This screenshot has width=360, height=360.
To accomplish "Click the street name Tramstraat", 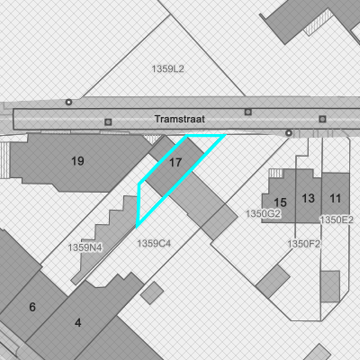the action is click(180, 119).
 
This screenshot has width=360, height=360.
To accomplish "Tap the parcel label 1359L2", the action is click(167, 69).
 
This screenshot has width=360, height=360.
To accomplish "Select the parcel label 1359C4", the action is click(154, 243).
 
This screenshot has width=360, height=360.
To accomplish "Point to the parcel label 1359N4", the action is click(85, 247).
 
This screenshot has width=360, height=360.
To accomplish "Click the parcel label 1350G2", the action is click(263, 213).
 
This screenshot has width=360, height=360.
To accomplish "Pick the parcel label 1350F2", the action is click(303, 244).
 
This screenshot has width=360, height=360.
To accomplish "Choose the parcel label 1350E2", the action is click(337, 220).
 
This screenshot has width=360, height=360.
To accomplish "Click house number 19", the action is click(77, 161).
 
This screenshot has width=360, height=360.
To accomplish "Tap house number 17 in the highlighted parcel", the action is click(175, 163).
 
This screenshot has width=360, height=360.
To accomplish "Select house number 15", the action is click(281, 202).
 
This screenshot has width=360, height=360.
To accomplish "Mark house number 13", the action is click(308, 198).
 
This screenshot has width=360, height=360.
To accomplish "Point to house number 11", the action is click(335, 198).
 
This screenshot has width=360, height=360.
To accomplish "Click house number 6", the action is click(32, 307).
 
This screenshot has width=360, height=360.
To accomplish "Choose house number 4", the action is click(78, 323).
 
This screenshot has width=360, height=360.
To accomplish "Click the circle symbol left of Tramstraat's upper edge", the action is click(68, 103).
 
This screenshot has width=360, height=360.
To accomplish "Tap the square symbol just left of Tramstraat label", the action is click(108, 122).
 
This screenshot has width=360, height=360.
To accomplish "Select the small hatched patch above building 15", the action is click(275, 173).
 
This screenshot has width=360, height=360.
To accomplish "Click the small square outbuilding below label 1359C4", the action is click(152, 292).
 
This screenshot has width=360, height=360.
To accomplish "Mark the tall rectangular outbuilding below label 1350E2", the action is click(330, 286).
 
